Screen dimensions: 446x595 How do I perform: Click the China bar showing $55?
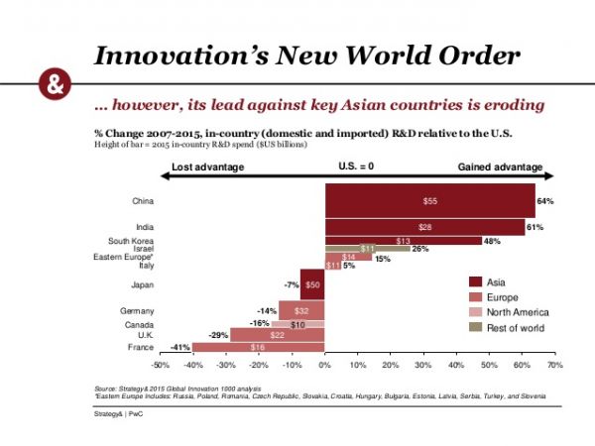(x=429, y=201)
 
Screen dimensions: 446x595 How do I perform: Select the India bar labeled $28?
(x=424, y=227)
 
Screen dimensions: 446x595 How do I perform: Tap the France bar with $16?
(x=258, y=347)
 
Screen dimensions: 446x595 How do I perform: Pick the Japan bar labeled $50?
(x=312, y=284)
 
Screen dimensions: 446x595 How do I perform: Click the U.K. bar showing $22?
(x=278, y=335)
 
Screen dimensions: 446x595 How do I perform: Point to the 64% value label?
(x=545, y=201)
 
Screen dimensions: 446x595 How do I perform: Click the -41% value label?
(x=179, y=347)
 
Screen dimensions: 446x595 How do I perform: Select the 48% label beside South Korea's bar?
(x=491, y=241)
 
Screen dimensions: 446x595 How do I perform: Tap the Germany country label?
(x=136, y=310)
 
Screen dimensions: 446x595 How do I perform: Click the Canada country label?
(x=139, y=324)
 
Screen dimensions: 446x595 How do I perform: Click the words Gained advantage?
(x=500, y=167)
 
